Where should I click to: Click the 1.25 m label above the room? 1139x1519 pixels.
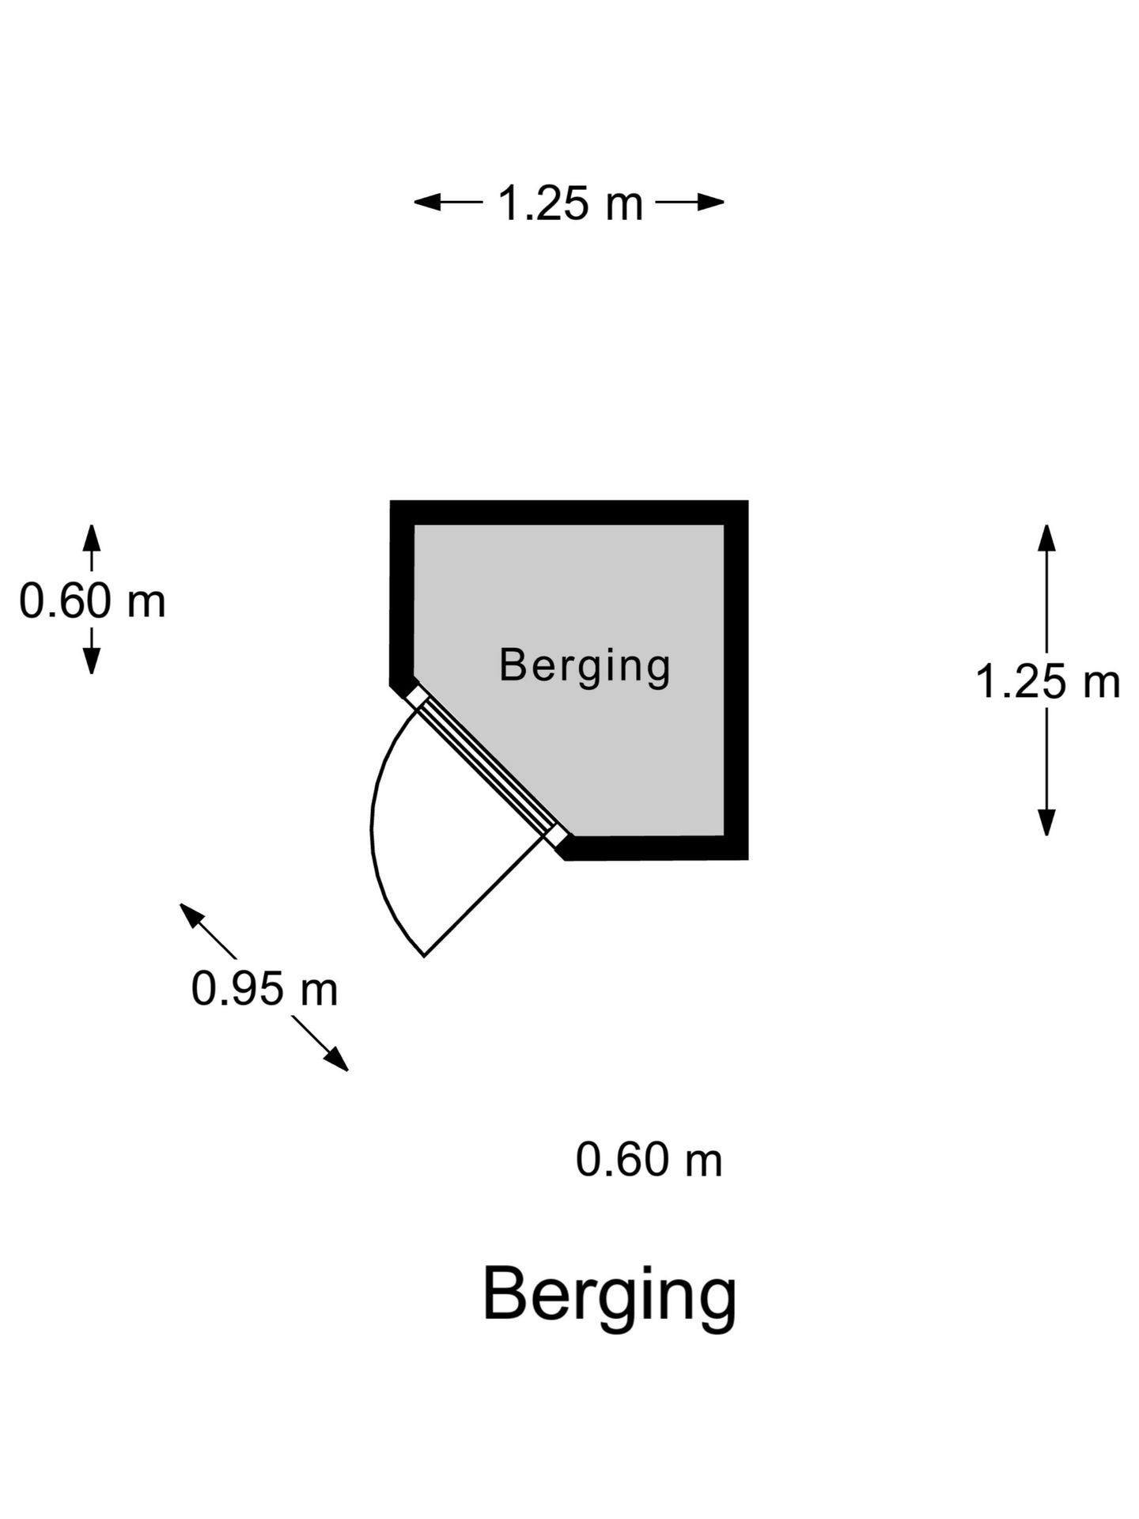[x=569, y=203]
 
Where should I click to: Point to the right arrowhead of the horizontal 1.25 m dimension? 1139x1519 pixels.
[x=711, y=203]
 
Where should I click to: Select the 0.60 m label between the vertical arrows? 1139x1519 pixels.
[x=93, y=600]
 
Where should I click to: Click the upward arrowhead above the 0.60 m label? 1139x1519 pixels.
[x=92, y=537]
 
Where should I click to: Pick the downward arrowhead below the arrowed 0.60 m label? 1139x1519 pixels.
[x=92, y=661]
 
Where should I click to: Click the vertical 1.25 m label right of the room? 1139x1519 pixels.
[x=1047, y=681]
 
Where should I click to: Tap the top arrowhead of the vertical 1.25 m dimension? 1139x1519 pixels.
[x=1047, y=538]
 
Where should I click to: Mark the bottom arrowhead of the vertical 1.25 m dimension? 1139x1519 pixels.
[x=1047, y=823]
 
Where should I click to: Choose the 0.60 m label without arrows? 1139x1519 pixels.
[x=649, y=1160]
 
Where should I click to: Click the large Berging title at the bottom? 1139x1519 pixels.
[x=609, y=1295]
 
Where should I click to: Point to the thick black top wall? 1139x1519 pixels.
[x=569, y=513]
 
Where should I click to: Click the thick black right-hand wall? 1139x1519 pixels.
[x=736, y=680]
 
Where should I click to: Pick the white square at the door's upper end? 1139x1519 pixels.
[x=417, y=696]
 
